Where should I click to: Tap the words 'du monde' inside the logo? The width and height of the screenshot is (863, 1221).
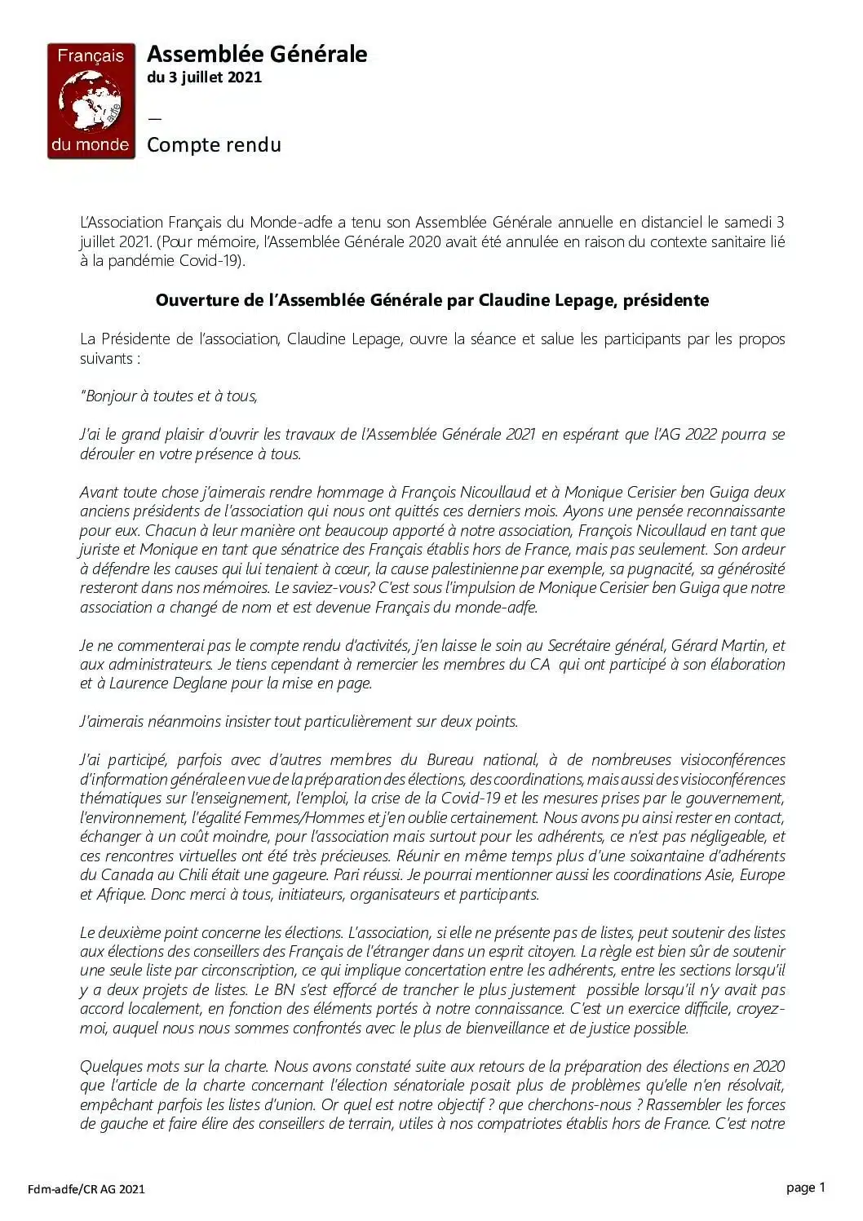(x=90, y=145)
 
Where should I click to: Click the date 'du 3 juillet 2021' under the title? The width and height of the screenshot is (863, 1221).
(x=204, y=77)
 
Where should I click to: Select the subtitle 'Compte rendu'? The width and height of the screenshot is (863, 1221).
(x=214, y=145)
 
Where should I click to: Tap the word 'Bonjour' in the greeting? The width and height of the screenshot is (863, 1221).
(x=112, y=396)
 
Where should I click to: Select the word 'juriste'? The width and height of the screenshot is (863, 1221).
(x=99, y=550)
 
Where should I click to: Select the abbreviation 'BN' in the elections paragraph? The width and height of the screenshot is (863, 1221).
(x=263, y=990)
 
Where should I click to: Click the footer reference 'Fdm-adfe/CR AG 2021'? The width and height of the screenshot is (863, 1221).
(x=86, y=1189)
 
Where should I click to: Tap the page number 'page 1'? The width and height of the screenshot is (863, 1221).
(x=806, y=1188)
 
